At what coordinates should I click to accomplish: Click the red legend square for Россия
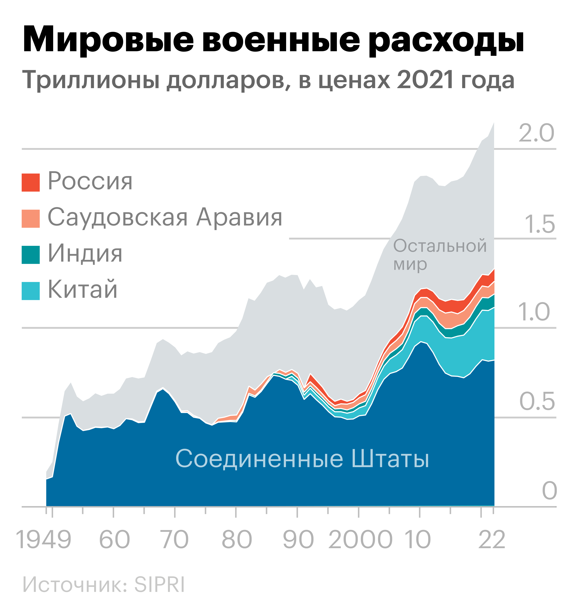tap(31, 183)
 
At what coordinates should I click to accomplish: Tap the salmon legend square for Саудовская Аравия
tap(31, 219)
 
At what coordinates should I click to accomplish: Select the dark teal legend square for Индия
tap(31, 255)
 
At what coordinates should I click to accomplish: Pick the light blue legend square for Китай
tap(31, 291)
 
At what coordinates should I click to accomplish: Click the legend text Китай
tap(83, 289)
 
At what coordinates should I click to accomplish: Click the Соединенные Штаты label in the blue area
tap(302, 459)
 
